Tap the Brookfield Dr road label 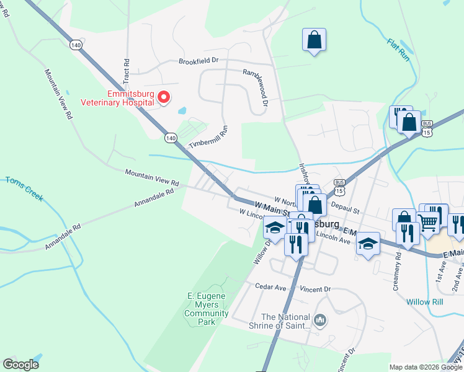[x=199, y=61]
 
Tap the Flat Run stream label [x=399, y=50]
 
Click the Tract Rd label [x=126, y=72]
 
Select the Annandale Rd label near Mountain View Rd [x=153, y=199]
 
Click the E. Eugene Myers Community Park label [x=208, y=308]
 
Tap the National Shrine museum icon [x=320, y=320]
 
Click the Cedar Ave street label [x=270, y=287]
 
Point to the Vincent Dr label [x=315, y=289]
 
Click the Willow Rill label [x=424, y=302]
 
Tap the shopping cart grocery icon [x=429, y=222]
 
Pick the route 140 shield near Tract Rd [x=76, y=45]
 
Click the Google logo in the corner [x=21, y=365]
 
